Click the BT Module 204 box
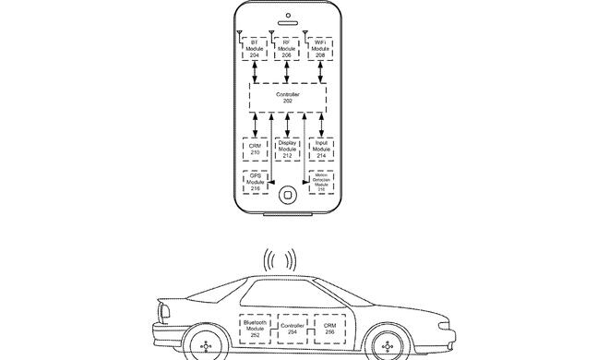[x=256, y=49]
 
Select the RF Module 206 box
[x=289, y=49]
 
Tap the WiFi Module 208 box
[x=321, y=49]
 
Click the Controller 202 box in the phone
[x=288, y=97]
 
